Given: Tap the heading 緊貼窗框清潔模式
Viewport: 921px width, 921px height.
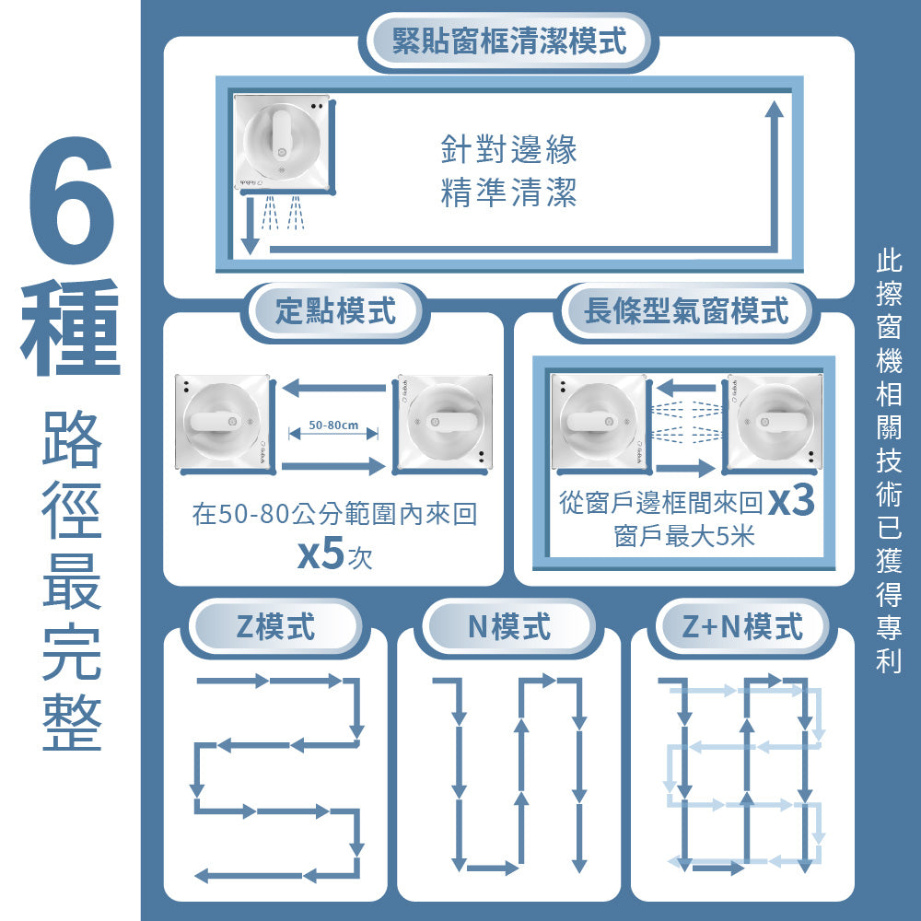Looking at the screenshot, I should click(508, 41).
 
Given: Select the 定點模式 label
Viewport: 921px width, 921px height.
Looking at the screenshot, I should click(335, 311).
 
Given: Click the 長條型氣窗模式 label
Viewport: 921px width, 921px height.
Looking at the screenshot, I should click(686, 311).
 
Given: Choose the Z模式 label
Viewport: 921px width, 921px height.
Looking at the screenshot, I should click(274, 627).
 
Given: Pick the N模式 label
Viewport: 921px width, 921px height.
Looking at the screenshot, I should click(508, 627).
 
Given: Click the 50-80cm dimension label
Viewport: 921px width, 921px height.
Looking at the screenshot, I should click(332, 426).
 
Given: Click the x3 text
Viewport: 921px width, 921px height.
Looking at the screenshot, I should click(791, 502).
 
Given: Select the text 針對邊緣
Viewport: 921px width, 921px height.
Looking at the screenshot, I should click(508, 149).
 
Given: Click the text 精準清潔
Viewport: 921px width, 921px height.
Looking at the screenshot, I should click(508, 193).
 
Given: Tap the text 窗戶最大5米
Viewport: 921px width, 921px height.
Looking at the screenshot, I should click(683, 537).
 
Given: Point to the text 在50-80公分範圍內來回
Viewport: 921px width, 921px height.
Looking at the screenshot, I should click(334, 514).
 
